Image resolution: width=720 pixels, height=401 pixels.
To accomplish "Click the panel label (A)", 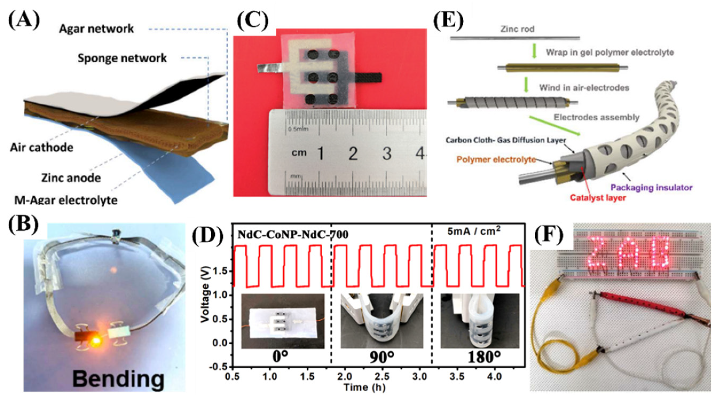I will pos(24,20).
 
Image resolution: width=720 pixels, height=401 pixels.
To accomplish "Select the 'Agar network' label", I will pos(96,29).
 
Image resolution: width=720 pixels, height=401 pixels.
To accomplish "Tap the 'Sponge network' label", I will pos(122,58).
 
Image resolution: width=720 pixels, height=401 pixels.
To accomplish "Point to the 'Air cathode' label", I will pos(42,148).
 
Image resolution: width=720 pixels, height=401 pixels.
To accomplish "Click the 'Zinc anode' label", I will pos(71,178).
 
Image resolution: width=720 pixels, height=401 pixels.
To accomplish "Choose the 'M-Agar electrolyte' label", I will pos(66,200).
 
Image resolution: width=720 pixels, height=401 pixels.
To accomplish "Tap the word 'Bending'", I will pos(118,379).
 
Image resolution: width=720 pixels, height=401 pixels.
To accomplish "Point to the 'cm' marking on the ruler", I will pos(299,153).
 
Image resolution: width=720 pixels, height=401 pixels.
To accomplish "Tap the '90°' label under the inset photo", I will pos(381,357).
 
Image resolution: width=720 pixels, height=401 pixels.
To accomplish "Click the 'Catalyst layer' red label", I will pos(598,198).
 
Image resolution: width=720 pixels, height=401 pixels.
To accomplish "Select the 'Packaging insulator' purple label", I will pos(651,187).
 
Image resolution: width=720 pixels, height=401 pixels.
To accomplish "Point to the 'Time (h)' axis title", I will pos(364,387).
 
